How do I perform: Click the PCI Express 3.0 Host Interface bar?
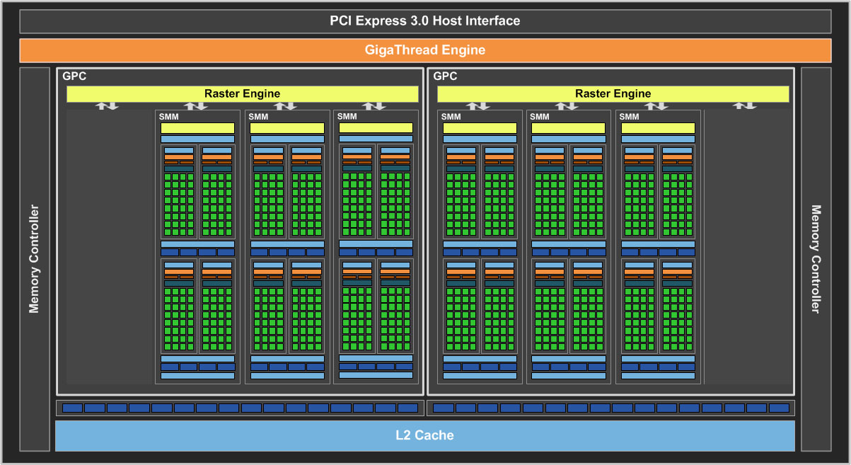424,21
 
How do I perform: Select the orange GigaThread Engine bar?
424,50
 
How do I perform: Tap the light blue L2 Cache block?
424,435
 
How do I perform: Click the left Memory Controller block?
34,259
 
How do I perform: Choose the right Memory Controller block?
816,259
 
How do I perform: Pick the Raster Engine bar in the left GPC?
242,93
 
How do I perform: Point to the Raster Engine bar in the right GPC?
613,93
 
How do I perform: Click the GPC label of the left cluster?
74,76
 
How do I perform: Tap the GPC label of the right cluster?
445,76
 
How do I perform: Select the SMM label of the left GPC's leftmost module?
168,117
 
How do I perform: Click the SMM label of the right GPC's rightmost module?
629,117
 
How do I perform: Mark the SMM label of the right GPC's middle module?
539,117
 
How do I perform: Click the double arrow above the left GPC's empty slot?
108,105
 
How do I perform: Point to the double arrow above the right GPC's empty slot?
744,105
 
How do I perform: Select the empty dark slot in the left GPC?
110,248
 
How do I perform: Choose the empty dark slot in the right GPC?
747,248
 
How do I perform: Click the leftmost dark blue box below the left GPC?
72,408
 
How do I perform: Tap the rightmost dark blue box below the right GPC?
779,408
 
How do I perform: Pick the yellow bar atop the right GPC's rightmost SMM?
658,128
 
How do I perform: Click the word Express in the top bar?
381,21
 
